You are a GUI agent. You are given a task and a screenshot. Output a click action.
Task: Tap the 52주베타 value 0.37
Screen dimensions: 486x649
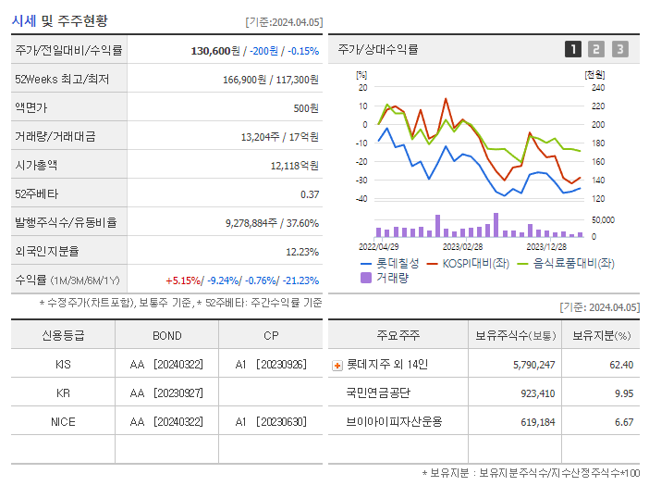coord(309,193)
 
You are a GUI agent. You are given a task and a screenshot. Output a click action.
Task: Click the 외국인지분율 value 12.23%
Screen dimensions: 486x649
coord(301,251)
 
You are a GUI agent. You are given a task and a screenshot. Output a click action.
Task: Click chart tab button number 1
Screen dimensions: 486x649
coord(573,49)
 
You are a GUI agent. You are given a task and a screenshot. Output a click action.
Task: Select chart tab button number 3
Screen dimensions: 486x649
coord(619,49)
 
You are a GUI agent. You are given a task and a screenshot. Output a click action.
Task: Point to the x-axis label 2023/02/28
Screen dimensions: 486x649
coord(462,246)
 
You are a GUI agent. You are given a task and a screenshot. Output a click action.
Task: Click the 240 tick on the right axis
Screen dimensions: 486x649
coord(597,88)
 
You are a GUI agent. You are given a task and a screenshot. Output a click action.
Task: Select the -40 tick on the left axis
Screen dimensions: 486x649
coord(361,198)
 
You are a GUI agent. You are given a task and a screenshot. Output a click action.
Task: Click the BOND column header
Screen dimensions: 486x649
coord(166,335)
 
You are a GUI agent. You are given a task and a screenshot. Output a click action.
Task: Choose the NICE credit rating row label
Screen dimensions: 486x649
coord(63,421)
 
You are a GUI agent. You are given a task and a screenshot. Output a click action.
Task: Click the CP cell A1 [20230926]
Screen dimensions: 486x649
coord(270,364)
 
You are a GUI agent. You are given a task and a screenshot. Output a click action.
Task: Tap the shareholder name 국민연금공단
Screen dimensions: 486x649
coord(378,393)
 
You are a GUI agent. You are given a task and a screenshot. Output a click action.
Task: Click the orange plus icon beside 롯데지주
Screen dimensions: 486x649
coord(337,365)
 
